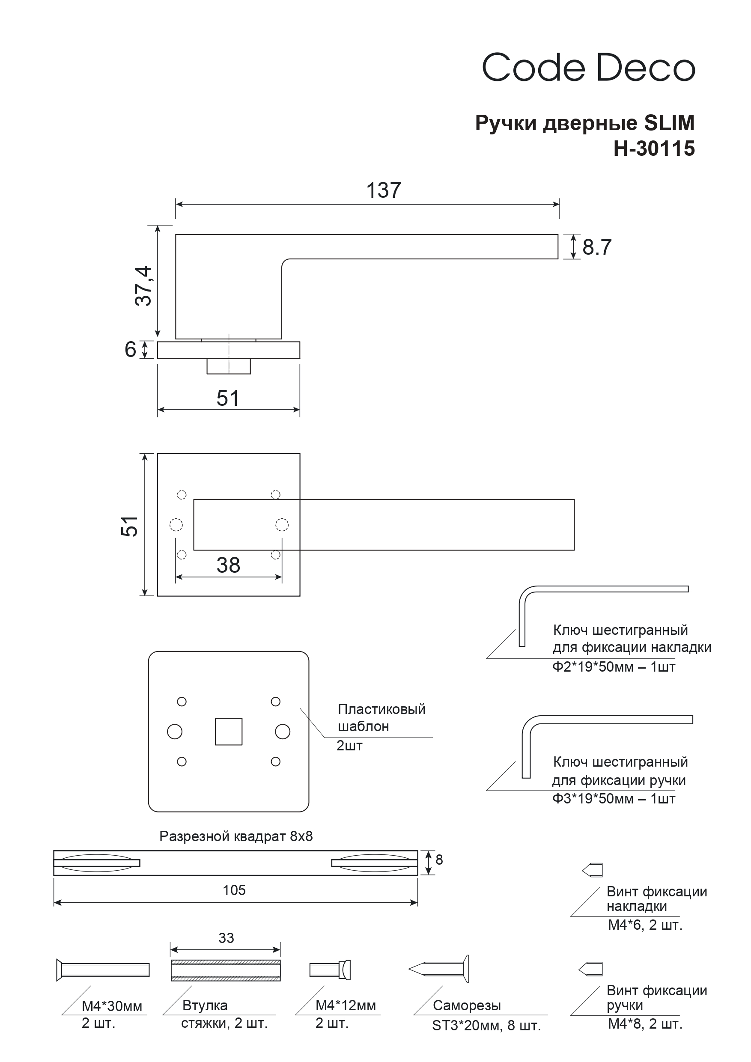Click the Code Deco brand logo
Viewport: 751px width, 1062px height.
point(588,68)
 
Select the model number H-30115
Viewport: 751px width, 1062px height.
point(654,149)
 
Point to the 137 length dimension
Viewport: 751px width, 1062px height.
point(383,190)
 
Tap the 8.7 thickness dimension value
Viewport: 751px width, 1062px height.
point(596,247)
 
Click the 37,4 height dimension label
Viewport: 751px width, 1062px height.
point(144,286)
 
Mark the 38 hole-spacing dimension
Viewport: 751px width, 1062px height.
point(228,565)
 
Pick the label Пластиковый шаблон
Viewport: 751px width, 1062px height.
point(381,717)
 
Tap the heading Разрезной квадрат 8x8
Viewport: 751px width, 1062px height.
point(236,836)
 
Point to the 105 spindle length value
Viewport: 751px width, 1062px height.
point(234,890)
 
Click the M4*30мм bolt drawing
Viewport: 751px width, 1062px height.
point(103,970)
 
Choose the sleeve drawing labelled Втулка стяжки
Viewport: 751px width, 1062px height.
point(225,970)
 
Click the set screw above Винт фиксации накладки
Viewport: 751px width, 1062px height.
point(593,870)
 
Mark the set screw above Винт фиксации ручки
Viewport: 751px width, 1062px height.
point(591,969)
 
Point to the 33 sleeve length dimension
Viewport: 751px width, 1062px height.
point(226,938)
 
